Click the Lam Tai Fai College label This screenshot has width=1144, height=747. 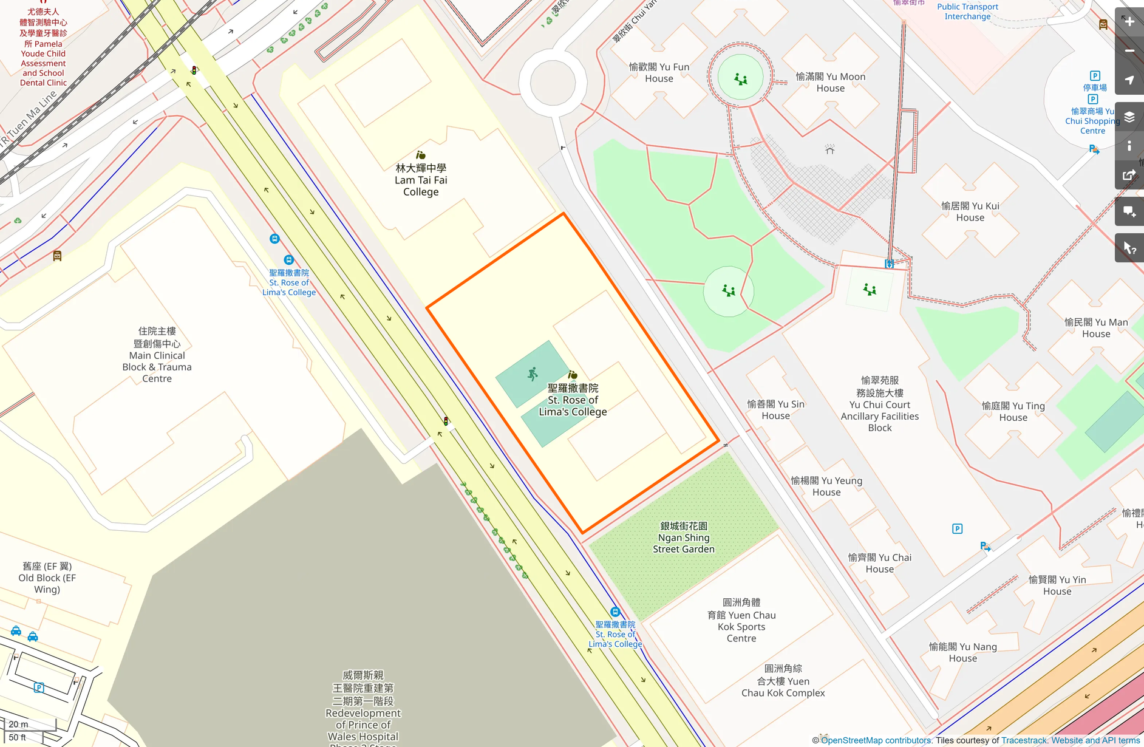421,180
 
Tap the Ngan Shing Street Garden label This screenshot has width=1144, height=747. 684,537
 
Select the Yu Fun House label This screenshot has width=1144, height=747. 659,73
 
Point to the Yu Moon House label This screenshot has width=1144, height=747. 830,82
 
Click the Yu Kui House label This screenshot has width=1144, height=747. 970,211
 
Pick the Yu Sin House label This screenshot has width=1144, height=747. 775,410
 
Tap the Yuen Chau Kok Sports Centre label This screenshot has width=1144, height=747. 741,621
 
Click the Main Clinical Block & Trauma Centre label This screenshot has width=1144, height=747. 157,355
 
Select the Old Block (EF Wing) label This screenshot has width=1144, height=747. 47,578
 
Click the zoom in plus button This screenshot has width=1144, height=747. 1129,22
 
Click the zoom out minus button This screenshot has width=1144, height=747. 1129,51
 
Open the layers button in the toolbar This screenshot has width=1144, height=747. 1129,117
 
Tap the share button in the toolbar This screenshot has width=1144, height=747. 1129,176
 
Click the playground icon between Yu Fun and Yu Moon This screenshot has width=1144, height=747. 740,79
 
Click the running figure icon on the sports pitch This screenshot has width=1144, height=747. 533,373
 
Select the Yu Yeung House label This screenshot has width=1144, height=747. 826,486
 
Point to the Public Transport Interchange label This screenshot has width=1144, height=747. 967,12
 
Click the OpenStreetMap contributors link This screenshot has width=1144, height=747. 876,740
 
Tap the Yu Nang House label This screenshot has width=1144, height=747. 962,652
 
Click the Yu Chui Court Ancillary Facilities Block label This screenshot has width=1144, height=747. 879,404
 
